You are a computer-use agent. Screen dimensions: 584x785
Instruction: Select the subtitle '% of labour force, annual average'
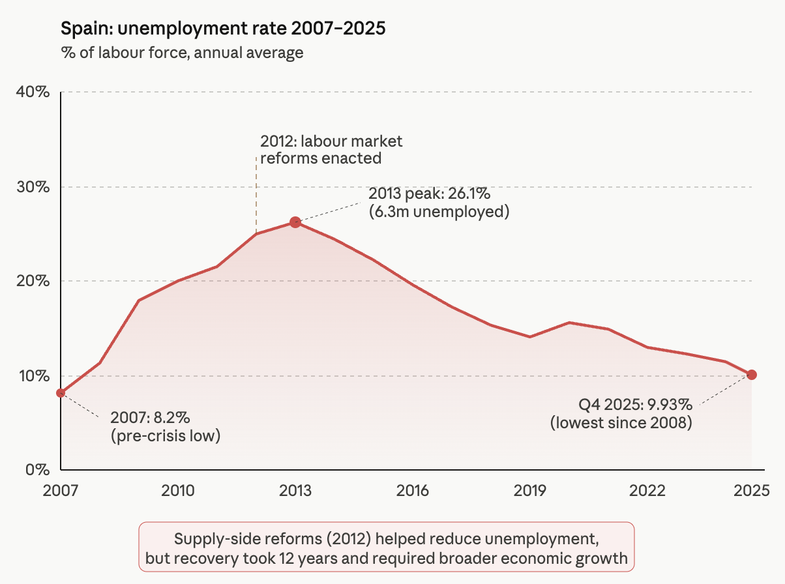pos(182,53)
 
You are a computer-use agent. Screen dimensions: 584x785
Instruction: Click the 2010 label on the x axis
pos(178,490)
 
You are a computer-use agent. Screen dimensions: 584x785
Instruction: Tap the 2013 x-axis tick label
pos(295,490)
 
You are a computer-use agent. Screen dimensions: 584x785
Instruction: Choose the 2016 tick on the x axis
pos(413,490)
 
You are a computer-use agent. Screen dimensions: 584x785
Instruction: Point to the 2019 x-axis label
pos(530,490)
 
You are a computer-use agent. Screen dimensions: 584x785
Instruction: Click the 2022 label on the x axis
pos(647,490)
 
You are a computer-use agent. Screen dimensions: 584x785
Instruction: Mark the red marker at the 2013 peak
pos(295,222)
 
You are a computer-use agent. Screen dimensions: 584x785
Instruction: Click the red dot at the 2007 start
pos(61,393)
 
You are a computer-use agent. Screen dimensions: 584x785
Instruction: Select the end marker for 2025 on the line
pos(752,375)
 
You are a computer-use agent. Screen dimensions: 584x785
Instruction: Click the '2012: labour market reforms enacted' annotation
pos(331,149)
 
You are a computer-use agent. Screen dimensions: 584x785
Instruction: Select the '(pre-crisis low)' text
pos(166,435)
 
